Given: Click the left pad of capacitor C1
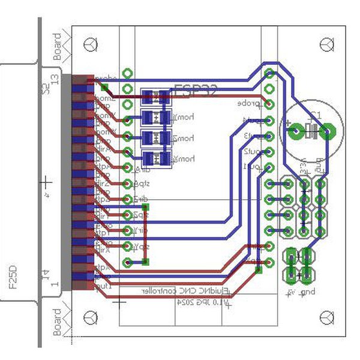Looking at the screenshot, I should tap(296, 131).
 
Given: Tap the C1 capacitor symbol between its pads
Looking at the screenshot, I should tap(312, 131).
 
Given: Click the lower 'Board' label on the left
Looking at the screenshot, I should tap(58, 322).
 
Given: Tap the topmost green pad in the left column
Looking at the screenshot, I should tap(127, 74).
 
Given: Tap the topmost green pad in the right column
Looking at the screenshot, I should tap(270, 74).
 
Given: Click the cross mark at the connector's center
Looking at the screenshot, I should tap(46, 181).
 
